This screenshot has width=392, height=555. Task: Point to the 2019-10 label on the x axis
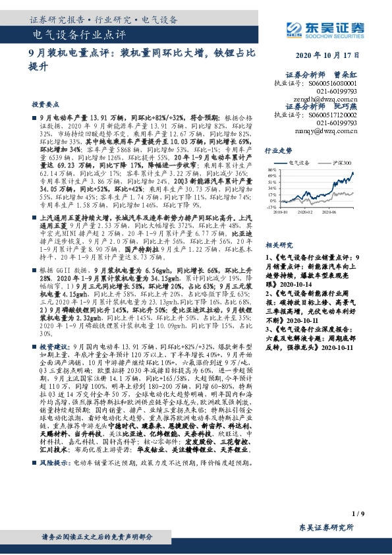281,212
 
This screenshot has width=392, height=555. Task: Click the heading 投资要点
44,105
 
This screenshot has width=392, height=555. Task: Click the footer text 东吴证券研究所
326,528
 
